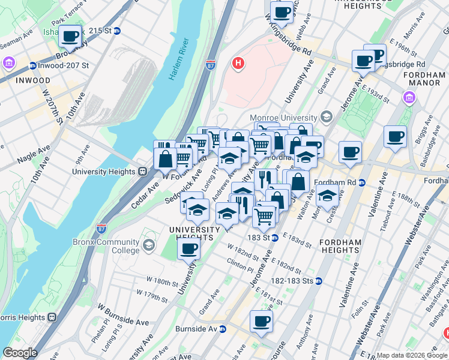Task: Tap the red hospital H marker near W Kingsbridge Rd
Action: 238,63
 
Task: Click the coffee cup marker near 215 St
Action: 70,37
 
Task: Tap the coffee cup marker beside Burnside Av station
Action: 261,322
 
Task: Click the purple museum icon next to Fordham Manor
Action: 409,98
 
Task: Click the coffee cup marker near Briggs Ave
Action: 395,137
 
